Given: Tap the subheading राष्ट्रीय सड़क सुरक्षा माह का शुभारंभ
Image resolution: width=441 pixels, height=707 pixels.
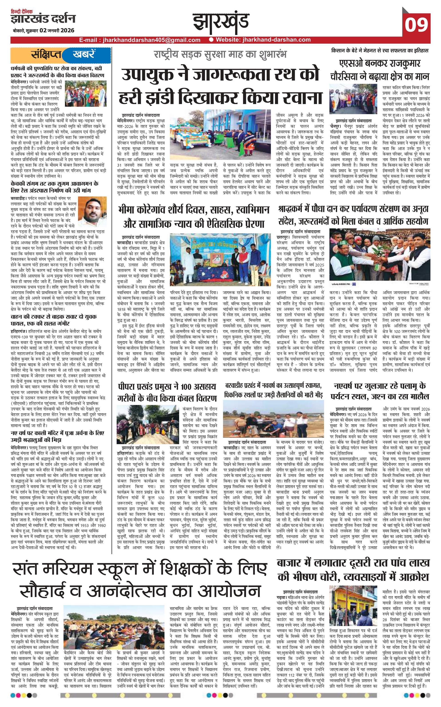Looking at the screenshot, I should coord(221,54).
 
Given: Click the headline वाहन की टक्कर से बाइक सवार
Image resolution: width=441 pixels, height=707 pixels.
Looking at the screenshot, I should coord(53,319).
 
